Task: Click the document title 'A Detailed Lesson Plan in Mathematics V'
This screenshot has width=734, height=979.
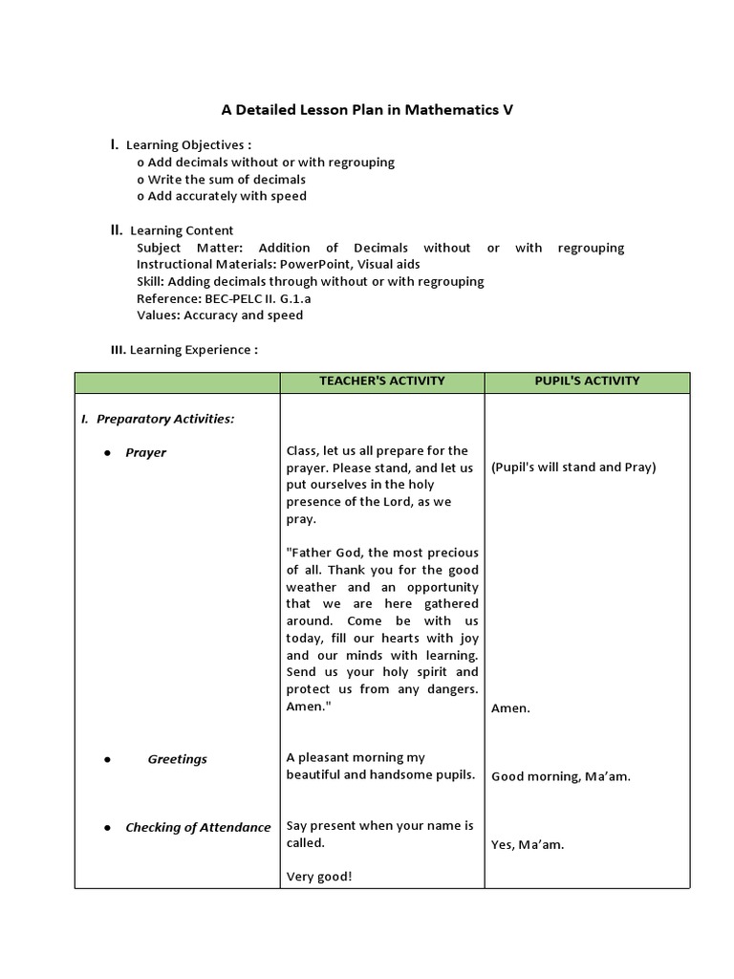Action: click(x=367, y=110)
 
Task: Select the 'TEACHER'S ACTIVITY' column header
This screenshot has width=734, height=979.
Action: click(x=382, y=381)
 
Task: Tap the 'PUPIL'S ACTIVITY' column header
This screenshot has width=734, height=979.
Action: click(x=587, y=381)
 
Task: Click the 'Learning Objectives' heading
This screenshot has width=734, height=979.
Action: click(x=188, y=145)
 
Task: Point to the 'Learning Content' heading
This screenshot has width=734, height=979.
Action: click(x=182, y=230)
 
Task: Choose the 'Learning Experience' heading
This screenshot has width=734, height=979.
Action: click(x=193, y=350)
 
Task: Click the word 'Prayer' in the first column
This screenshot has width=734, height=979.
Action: click(x=145, y=453)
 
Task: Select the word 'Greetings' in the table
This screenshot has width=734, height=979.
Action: click(x=177, y=759)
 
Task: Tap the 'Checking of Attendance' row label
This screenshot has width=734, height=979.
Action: click(x=198, y=828)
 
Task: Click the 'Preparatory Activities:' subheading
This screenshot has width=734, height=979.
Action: click(x=165, y=419)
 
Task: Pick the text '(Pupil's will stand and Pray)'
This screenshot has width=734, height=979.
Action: click(x=573, y=468)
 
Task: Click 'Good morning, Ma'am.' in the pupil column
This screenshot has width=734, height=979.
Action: click(x=561, y=776)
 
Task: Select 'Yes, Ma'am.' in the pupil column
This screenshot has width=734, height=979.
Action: click(x=528, y=845)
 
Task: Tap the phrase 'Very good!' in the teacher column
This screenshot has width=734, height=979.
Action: click(x=319, y=877)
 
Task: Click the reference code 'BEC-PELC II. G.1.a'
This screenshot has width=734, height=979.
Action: click(x=256, y=298)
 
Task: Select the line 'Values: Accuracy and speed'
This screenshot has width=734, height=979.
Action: click(x=220, y=315)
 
